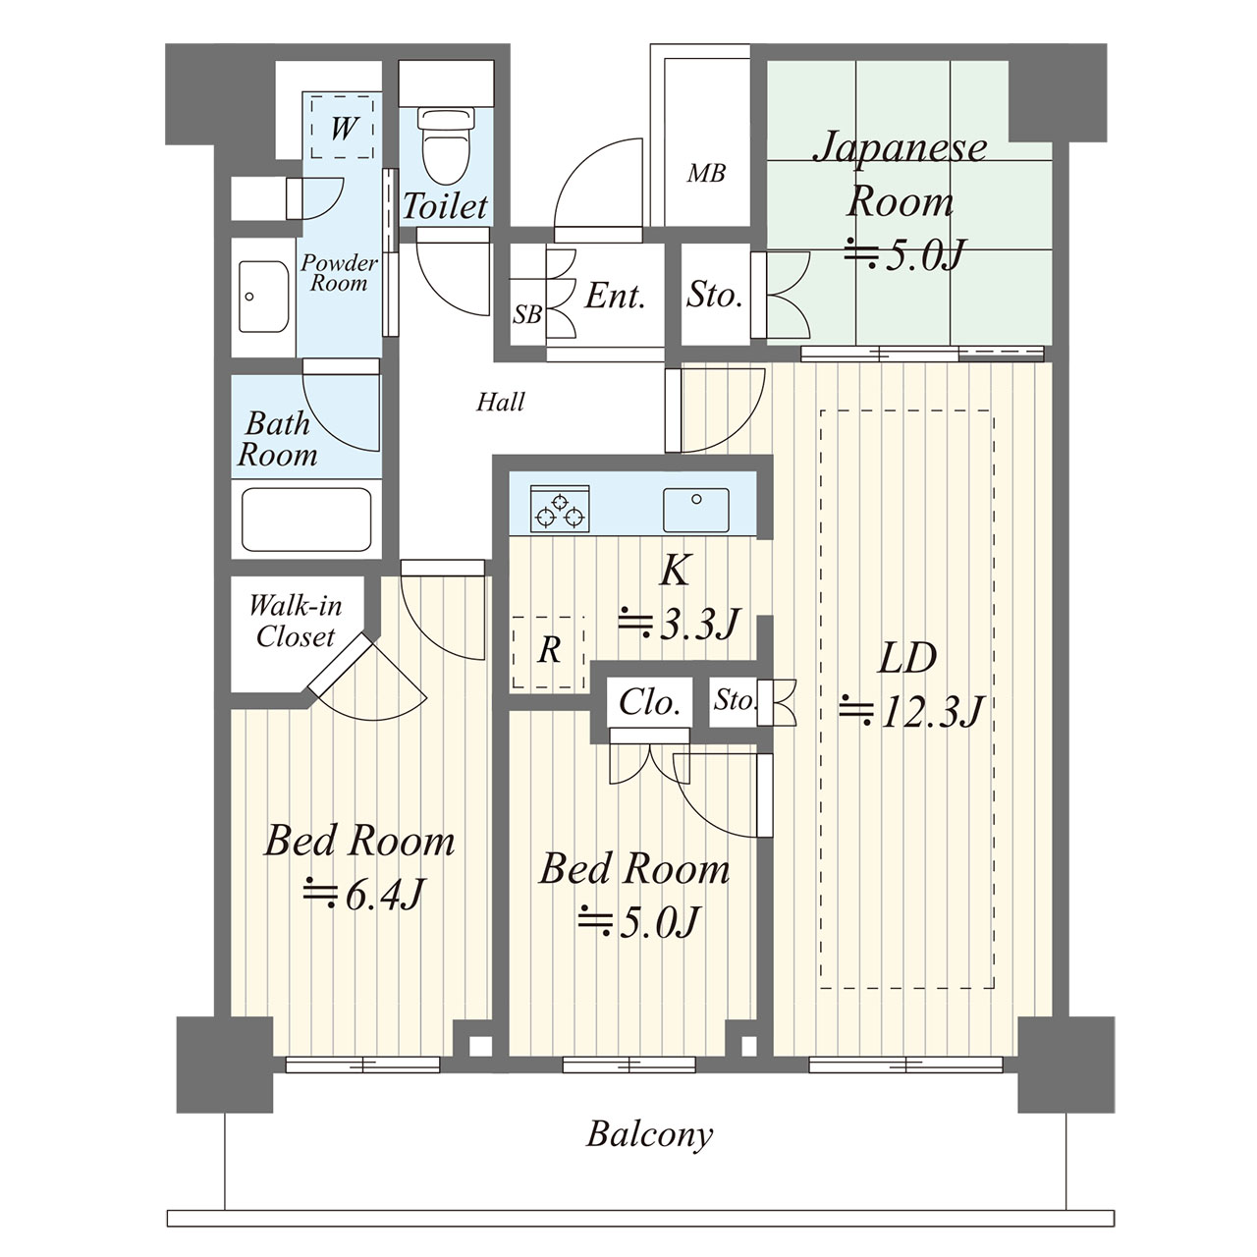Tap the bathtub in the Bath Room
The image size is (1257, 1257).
click(x=306, y=519)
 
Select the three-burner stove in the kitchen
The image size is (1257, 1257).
click(x=560, y=509)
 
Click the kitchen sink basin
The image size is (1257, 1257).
click(x=696, y=510)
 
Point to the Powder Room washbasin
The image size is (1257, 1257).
click(x=264, y=298)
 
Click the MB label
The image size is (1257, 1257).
click(x=706, y=174)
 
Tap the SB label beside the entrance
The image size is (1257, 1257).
click(x=527, y=314)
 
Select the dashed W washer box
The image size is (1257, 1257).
click(x=343, y=127)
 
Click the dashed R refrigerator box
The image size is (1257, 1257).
click(x=548, y=652)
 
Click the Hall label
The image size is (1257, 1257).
click(x=500, y=402)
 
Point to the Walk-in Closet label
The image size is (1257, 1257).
click(x=296, y=621)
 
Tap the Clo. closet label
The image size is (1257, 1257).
click(x=649, y=702)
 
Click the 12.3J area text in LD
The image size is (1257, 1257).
click(x=911, y=711)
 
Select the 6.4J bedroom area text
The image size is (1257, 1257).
click(x=364, y=895)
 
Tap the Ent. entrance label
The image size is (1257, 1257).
click(x=615, y=297)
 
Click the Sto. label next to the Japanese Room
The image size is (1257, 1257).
click(x=714, y=295)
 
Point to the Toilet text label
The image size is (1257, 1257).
click(x=445, y=206)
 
